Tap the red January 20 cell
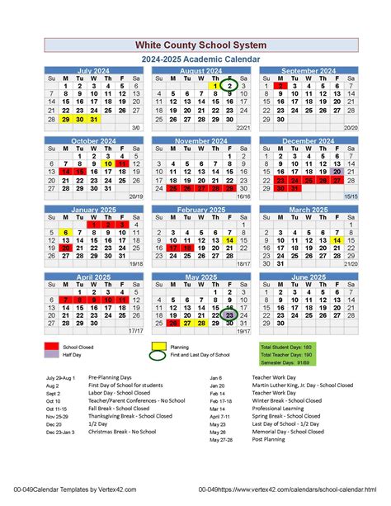click(66, 246)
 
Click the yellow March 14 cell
click(336, 240)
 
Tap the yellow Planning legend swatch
click(159, 348)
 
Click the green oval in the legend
click(159, 356)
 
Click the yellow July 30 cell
click(80, 119)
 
